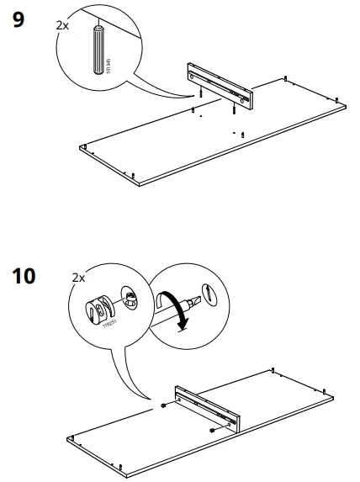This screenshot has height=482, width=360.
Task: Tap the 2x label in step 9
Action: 62,25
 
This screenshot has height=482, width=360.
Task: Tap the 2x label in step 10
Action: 78,277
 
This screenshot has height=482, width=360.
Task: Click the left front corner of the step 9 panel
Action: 81,147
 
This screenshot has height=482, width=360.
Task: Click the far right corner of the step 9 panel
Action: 346,105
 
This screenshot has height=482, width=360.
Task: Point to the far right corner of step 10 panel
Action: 334,395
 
